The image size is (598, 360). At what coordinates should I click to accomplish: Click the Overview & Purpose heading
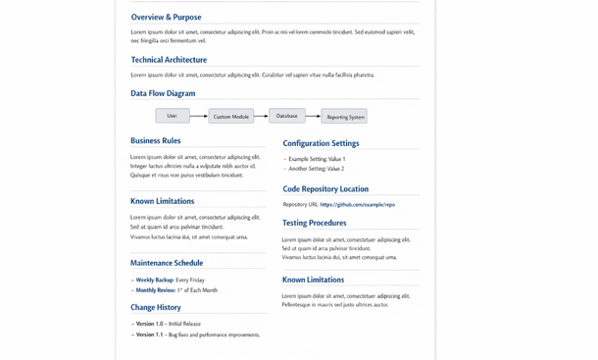pyautogui.click(x=166, y=18)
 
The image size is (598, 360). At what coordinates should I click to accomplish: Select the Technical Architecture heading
pyautogui.click(x=169, y=60)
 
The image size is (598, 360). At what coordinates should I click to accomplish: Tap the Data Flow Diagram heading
pyautogui.click(x=163, y=94)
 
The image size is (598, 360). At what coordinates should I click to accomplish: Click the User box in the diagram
pyautogui.click(x=173, y=116)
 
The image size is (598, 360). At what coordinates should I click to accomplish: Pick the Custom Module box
pyautogui.click(x=231, y=117)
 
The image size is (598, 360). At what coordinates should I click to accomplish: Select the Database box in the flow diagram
pyautogui.click(x=287, y=116)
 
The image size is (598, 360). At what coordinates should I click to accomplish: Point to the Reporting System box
pyautogui.click(x=344, y=117)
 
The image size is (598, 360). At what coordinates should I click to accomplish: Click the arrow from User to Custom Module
pyautogui.click(x=199, y=117)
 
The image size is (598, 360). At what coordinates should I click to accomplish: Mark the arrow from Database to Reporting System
pyautogui.click(x=313, y=116)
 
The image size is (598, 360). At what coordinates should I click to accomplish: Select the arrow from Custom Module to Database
pyautogui.click(x=261, y=116)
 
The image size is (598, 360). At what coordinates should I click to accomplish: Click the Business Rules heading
pyautogui.click(x=156, y=141)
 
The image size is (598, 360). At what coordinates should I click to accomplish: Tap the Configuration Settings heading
pyautogui.click(x=321, y=144)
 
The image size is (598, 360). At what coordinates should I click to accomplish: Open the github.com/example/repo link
pyautogui.click(x=357, y=205)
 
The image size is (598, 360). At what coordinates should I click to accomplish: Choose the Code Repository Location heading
pyautogui.click(x=325, y=189)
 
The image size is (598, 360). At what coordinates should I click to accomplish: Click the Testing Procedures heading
pyautogui.click(x=314, y=224)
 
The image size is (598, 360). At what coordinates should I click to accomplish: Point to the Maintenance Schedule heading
pyautogui.click(x=167, y=263)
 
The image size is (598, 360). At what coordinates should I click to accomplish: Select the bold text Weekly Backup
pyautogui.click(x=154, y=280)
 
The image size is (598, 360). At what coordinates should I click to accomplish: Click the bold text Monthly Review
pyautogui.click(x=155, y=290)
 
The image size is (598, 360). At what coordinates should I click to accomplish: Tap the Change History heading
pyautogui.click(x=156, y=307)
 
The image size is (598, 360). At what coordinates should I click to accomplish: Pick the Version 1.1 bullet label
pyautogui.click(x=150, y=334)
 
